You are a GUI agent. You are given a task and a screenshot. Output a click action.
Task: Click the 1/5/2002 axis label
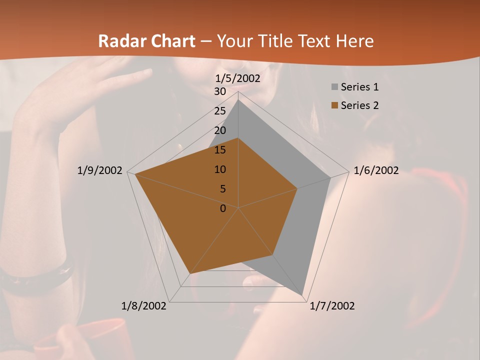[238, 78]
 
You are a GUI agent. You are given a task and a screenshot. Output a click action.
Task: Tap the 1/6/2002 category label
[376, 170]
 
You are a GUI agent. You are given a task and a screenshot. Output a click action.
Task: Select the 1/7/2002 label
[332, 306]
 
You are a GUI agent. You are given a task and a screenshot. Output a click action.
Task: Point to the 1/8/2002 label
[144, 306]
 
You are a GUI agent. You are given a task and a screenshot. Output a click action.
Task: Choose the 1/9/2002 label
[100, 170]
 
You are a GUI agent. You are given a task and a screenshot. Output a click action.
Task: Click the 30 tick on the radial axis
[220, 91]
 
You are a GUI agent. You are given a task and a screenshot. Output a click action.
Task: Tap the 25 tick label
[220, 111]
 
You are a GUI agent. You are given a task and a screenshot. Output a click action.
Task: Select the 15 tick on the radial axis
[220, 150]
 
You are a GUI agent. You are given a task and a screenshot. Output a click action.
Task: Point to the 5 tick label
[222, 189]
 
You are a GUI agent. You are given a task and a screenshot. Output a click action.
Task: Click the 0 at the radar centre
[223, 208]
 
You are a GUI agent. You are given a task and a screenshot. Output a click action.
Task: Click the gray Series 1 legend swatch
[334, 87]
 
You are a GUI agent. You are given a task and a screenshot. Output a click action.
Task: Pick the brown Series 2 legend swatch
[334, 105]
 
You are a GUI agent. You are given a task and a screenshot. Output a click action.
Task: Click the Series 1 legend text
[359, 87]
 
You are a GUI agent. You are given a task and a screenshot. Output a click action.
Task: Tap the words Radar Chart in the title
[146, 41]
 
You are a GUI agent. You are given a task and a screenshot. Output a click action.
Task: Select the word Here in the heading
[354, 41]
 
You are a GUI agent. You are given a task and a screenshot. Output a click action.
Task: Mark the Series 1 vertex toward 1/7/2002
[302, 295]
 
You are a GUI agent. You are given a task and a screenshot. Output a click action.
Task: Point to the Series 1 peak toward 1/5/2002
[238, 100]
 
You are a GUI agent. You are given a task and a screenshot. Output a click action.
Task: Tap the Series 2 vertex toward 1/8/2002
[190, 273]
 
